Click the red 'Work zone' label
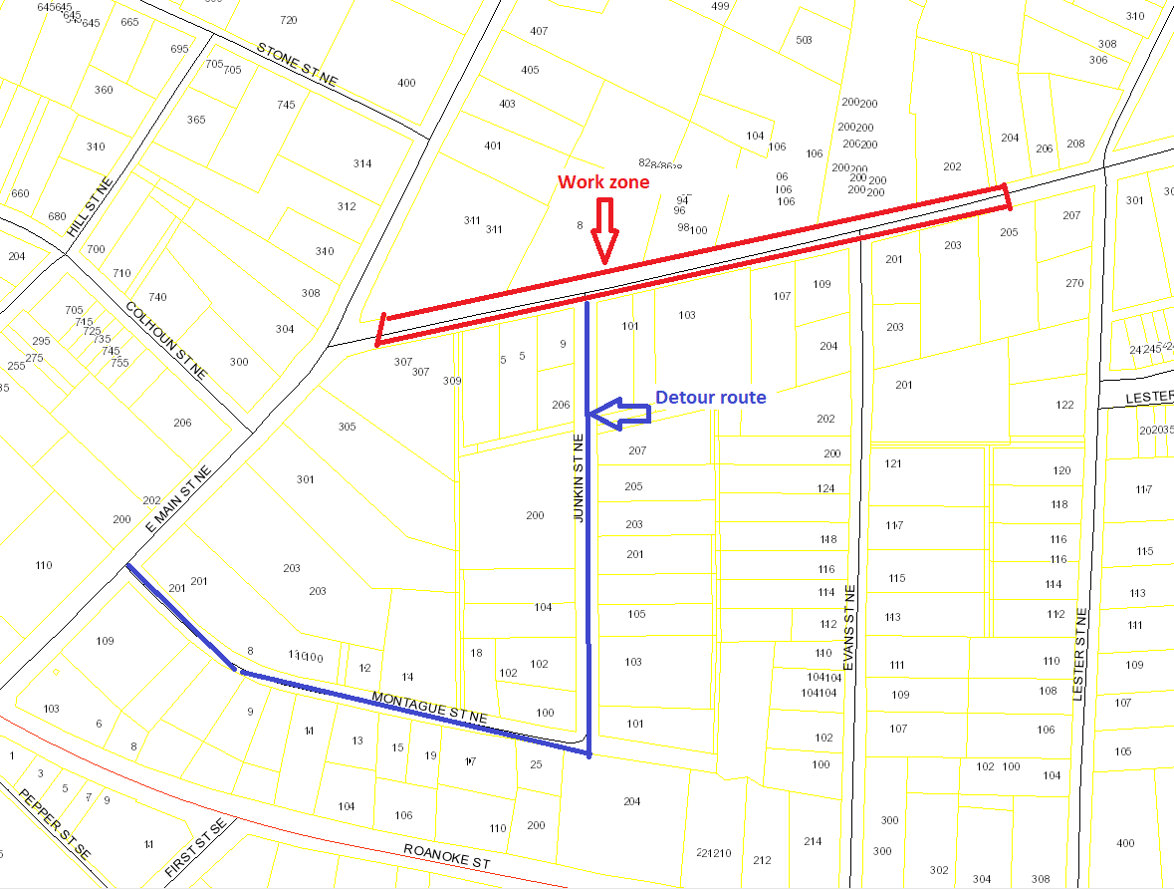pos(602,182)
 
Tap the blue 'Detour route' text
pos(710,398)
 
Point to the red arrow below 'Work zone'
pos(604,231)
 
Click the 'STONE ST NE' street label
pos(297,71)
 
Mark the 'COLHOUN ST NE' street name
pos(166,342)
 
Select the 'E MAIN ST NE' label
pos(178,498)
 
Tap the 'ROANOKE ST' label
pos(447,855)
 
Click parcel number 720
pos(289,20)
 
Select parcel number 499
pos(721,6)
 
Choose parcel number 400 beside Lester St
pos(1125,843)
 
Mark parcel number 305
pos(347,427)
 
